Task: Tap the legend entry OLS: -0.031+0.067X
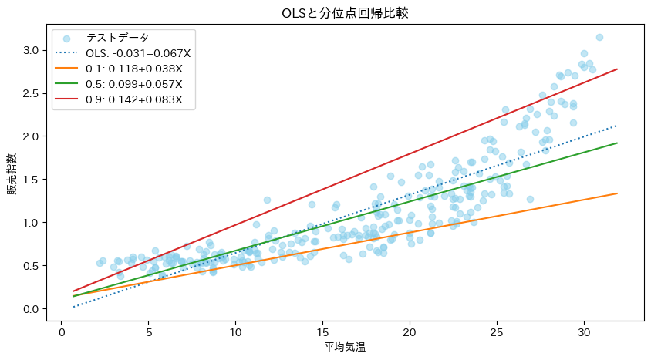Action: click(x=138, y=53)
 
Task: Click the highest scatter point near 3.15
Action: click(x=599, y=37)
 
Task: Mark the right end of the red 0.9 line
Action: click(x=617, y=69)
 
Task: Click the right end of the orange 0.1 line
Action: click(x=617, y=193)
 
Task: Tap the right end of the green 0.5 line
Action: click(x=617, y=143)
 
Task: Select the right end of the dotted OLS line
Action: click(x=617, y=126)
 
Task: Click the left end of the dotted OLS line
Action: click(x=73, y=307)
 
